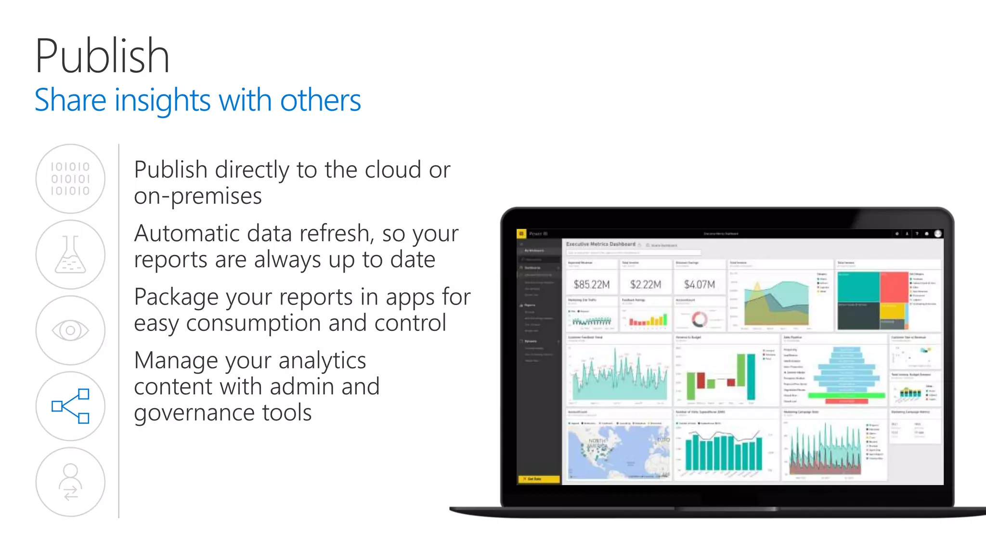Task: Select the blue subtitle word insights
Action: point(162,101)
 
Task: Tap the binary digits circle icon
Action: point(70,179)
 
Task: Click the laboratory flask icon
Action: point(70,254)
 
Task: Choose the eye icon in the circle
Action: point(70,330)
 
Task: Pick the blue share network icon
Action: point(70,406)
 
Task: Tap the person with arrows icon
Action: point(70,482)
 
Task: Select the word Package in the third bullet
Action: point(177,297)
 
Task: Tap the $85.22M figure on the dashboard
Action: point(592,285)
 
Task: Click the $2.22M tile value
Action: point(646,285)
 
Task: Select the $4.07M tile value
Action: point(700,285)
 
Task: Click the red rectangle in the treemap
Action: point(894,287)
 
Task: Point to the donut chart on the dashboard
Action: point(699,319)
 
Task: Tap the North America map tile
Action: point(618,452)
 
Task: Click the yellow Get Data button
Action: point(538,479)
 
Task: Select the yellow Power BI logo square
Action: point(521,234)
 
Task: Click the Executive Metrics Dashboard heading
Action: point(600,244)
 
